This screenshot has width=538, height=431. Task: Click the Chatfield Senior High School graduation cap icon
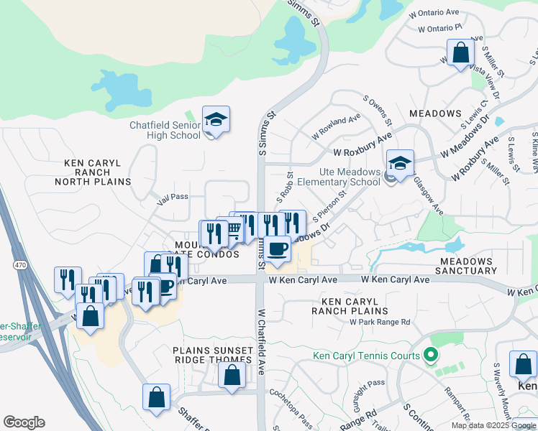pos(216,119)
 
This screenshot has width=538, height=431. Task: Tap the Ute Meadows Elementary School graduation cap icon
pos(401,162)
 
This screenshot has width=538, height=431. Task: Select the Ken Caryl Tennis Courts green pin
pos(431,354)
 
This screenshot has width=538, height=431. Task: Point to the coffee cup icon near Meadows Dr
pos(277,249)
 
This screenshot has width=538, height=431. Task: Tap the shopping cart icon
pos(232,231)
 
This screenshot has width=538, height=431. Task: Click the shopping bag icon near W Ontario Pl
pos(460,52)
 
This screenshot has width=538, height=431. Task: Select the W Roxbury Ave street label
pos(362,152)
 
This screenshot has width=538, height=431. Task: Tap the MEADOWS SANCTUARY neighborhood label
pos(468,266)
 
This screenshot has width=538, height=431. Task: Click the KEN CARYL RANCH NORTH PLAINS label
pos(98,172)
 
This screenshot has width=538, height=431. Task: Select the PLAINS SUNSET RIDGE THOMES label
pos(212,356)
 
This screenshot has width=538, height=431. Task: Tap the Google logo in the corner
pos(24,422)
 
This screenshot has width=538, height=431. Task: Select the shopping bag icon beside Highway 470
pos(90,317)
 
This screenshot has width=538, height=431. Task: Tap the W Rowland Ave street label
pos(336,128)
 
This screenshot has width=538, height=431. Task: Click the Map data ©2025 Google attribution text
pos(493,425)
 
